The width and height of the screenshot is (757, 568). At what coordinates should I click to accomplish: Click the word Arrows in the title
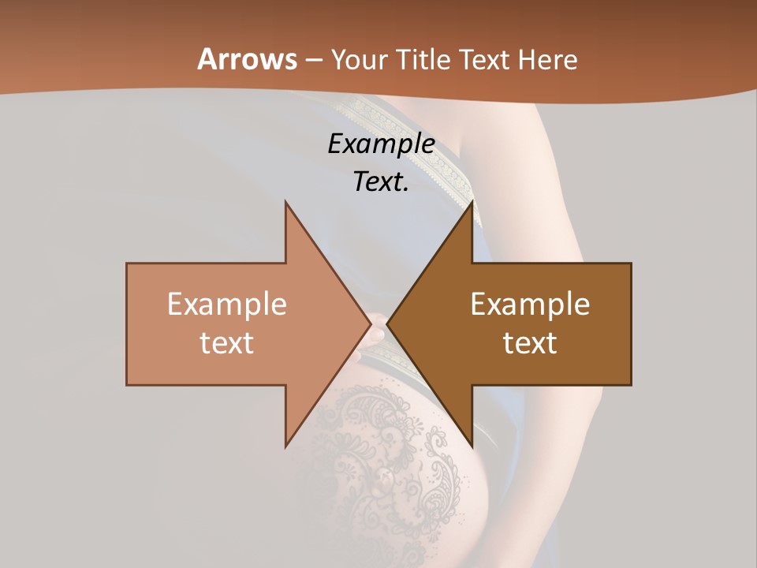point(247,59)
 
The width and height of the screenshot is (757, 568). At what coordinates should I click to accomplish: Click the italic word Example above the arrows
point(381,144)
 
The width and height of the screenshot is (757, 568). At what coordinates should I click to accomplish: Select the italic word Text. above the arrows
point(381,181)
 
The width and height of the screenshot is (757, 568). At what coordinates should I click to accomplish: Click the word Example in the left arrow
point(226,304)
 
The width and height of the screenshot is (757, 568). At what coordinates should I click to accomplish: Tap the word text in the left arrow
point(226,342)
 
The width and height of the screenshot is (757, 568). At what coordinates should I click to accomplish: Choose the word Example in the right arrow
point(530,304)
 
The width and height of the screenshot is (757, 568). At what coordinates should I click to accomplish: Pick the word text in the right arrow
point(530,342)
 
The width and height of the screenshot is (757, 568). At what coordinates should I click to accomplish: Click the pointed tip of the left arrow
point(370,323)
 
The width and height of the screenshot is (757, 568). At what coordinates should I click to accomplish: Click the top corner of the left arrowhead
point(286,202)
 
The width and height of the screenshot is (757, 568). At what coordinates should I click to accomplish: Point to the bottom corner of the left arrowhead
point(286,446)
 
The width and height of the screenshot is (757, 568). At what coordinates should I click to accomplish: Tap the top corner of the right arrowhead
point(472,202)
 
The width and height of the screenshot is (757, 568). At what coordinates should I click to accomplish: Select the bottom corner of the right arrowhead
point(472,446)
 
